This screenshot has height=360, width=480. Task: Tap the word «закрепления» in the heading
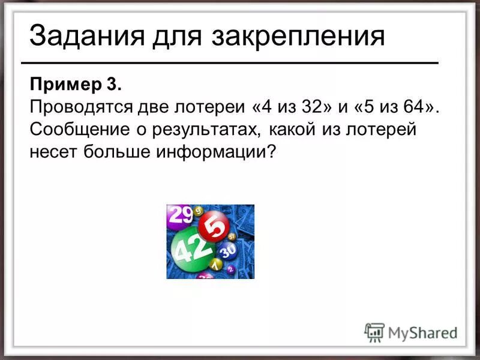[x=298, y=37]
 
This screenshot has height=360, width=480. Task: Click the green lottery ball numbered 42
[x=191, y=247]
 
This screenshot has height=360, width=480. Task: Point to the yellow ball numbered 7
[x=215, y=265]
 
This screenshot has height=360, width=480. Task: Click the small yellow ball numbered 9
[x=199, y=211]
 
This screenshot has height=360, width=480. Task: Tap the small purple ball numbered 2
[x=205, y=277]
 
